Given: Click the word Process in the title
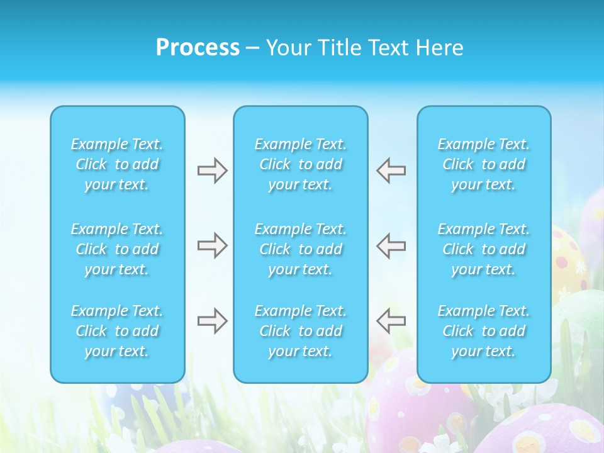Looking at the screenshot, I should click(x=198, y=48).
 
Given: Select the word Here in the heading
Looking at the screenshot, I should click(x=439, y=48).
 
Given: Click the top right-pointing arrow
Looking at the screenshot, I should click(x=212, y=171).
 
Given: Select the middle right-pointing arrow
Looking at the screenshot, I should click(x=212, y=245).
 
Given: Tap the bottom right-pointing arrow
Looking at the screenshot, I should click(x=212, y=321).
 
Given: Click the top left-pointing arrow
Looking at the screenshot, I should click(x=391, y=171).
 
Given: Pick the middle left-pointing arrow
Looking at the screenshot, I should click(x=391, y=245).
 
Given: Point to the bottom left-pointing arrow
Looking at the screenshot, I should click(x=391, y=321).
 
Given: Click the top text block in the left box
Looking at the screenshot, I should click(x=117, y=164).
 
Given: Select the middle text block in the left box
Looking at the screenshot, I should click(x=117, y=249).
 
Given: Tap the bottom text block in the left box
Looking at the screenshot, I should click(x=117, y=331).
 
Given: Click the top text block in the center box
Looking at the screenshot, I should click(x=301, y=164).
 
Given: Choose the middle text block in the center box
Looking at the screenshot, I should click(x=301, y=249).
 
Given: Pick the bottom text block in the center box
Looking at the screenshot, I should click(x=301, y=331).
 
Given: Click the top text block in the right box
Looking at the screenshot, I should click(x=484, y=164).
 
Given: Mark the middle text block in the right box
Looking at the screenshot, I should click(x=484, y=249).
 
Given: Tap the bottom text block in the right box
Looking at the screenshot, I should click(x=484, y=331).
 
